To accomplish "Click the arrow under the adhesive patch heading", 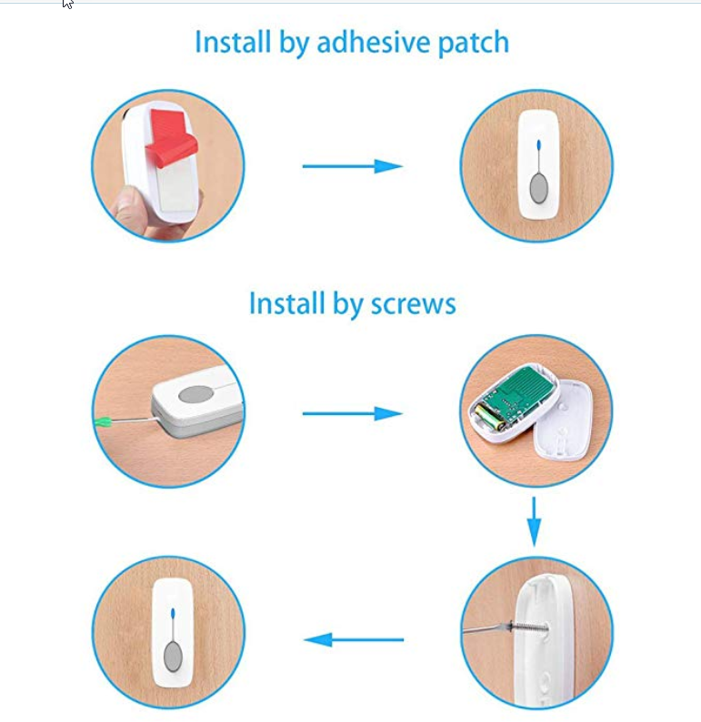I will tap(352, 166).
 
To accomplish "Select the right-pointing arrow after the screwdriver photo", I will tap(352, 414).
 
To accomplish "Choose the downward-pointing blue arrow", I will tap(535, 522).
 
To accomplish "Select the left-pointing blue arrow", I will tap(353, 640).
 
